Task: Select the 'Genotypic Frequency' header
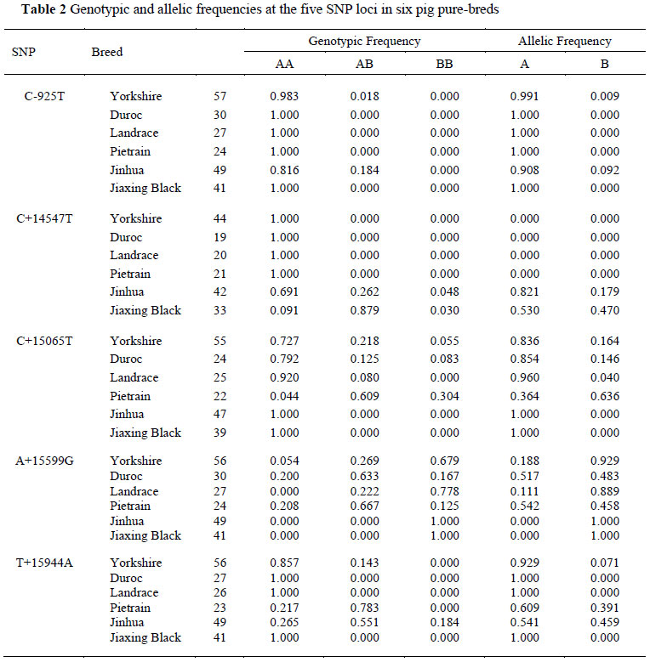coord(364,41)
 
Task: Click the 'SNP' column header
coord(23,51)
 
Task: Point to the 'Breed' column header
coord(107,51)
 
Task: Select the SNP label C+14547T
coord(51,218)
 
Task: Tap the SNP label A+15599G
coord(51,461)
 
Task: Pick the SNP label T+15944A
coord(51,563)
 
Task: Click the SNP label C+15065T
coord(51,341)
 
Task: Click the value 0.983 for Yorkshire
coord(284,96)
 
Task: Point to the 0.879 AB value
coord(364,310)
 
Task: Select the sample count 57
coord(220,96)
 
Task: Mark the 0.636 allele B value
coord(605,396)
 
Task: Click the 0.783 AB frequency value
coord(364,608)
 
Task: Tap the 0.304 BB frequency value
coord(444,396)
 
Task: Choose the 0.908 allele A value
coord(524,170)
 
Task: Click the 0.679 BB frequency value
coord(444,461)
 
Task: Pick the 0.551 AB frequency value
coord(364,623)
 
